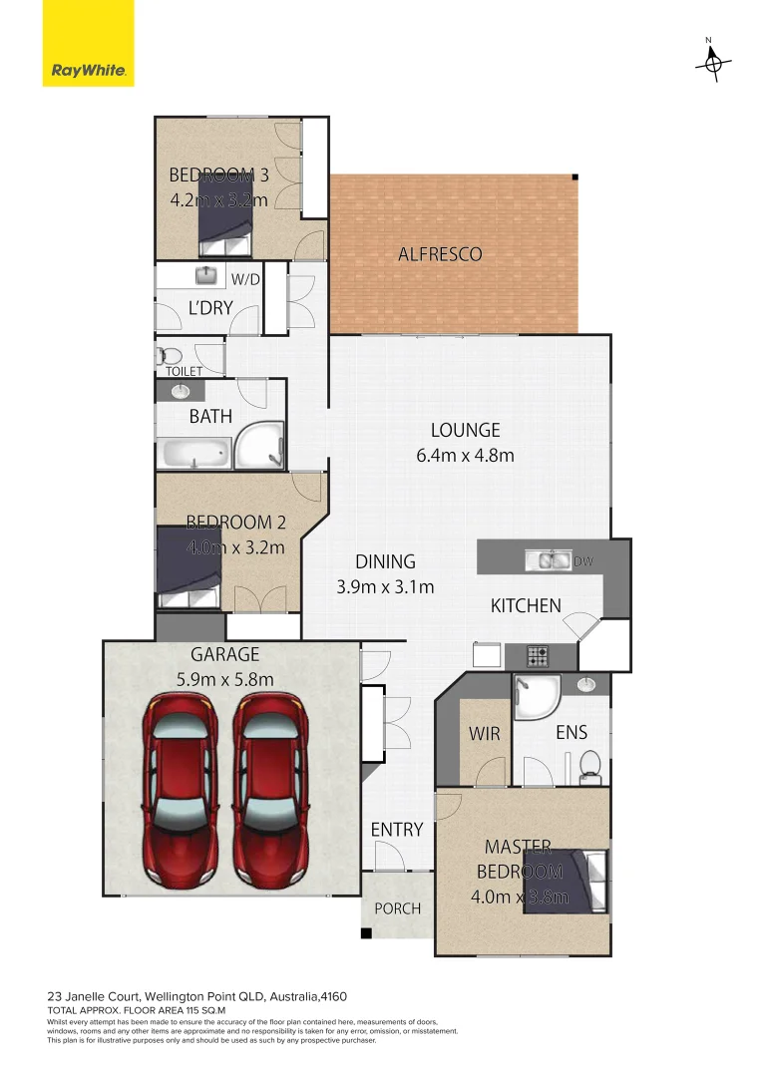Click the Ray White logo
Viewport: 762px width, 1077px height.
(x=88, y=43)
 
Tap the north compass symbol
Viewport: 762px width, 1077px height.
(x=712, y=62)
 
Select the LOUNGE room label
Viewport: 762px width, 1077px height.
(x=465, y=431)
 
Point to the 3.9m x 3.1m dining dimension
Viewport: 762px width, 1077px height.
(x=385, y=586)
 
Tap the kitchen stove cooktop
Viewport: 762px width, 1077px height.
(x=538, y=657)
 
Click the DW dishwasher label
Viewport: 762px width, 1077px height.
(x=583, y=561)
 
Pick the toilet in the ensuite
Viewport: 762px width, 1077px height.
(x=589, y=763)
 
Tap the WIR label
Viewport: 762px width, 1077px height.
(x=484, y=733)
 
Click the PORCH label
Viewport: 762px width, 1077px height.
(x=397, y=908)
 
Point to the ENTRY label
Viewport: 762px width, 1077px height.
(x=397, y=830)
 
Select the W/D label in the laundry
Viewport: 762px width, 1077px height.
(x=245, y=279)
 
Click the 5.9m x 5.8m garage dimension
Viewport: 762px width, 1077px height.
(x=225, y=680)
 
